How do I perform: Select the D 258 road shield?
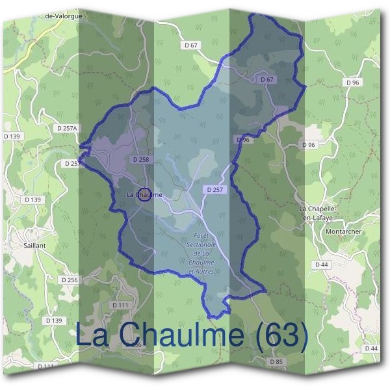coord(140,159)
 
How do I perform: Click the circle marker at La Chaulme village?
coord(145,194)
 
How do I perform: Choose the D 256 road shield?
coord(69,279)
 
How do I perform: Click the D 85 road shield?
coord(276,361)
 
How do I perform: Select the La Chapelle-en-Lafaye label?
coord(315,213)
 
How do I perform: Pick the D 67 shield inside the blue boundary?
coord(266,79)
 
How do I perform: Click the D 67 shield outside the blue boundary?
coord(190,45)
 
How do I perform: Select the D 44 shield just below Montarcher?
coord(320,265)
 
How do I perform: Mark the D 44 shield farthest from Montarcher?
coord(371,348)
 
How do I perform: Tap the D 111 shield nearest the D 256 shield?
coord(120,305)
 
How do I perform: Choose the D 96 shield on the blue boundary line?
coord(242,140)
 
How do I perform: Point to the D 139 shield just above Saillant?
coord(32,199)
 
